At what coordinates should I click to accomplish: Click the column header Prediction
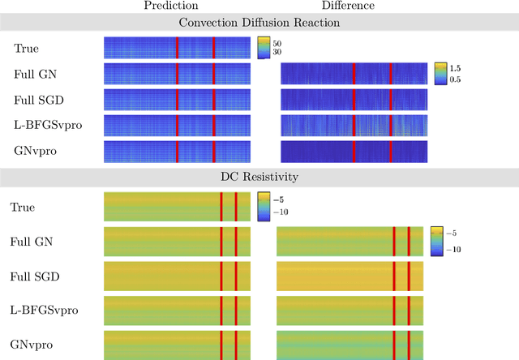[171, 6]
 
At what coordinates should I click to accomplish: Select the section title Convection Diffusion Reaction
[259, 22]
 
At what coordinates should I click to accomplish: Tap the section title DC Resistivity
[259, 176]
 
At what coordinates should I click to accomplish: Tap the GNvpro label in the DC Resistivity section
[32, 345]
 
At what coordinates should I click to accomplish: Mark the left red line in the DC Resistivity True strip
[221, 207]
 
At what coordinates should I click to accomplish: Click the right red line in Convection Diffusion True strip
[214, 48]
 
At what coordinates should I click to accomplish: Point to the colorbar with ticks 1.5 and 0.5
[440, 74]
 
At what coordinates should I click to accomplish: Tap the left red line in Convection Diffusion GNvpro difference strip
[354, 152]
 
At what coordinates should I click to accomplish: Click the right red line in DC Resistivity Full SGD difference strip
[409, 276]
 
